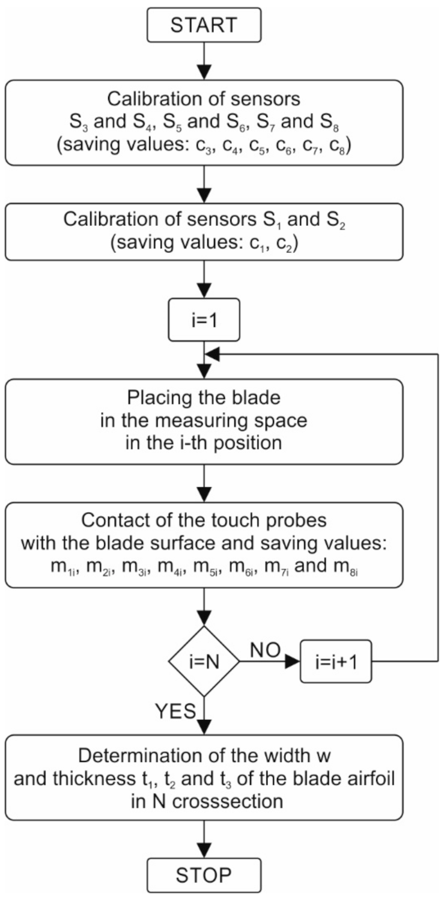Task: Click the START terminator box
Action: [x=205, y=25]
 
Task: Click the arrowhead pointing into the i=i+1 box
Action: [x=293, y=662]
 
